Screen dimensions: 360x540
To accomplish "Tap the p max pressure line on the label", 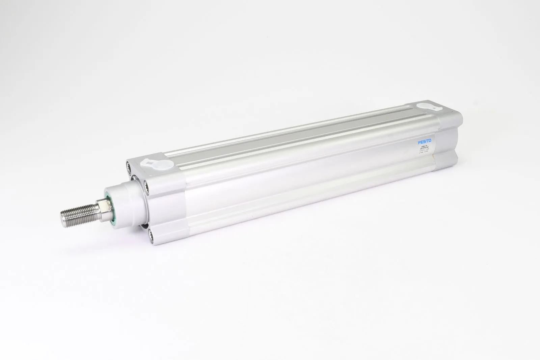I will click(x=425, y=153).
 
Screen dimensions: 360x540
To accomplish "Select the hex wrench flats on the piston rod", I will click(x=101, y=205).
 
